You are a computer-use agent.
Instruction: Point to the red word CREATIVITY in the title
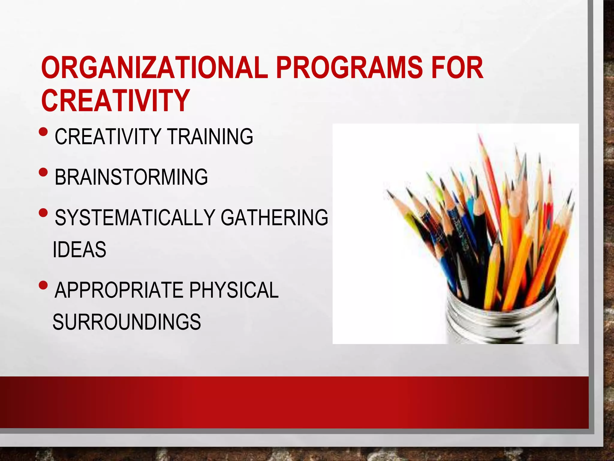coord(115,100)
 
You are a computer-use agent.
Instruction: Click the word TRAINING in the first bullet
coord(210,137)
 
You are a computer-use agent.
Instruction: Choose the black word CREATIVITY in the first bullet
coord(108,137)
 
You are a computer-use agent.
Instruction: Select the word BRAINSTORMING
coord(131,177)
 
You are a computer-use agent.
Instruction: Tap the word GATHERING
coord(274,217)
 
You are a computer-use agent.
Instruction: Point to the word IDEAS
coord(79,249)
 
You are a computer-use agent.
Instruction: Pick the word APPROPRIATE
coord(119,290)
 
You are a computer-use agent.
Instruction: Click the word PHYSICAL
coord(234,290)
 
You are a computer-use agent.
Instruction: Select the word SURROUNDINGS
coord(127,322)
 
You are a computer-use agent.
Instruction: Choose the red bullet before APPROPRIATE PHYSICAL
coord(43,285)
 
